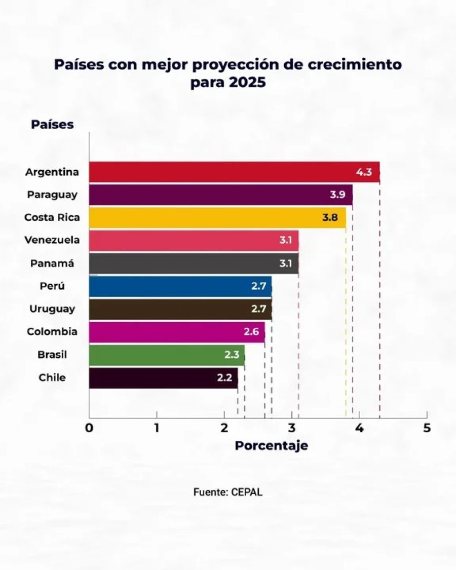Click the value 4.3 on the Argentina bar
(x=364, y=172)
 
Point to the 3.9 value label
(x=337, y=195)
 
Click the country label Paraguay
(x=52, y=195)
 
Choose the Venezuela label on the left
(x=52, y=240)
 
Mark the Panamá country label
(x=52, y=263)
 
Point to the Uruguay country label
(x=52, y=309)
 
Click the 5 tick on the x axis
(x=427, y=428)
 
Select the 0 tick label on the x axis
(x=89, y=428)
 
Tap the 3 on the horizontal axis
(x=291, y=428)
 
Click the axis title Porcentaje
(x=271, y=446)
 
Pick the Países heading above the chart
(x=52, y=125)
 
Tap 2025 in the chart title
(x=248, y=83)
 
